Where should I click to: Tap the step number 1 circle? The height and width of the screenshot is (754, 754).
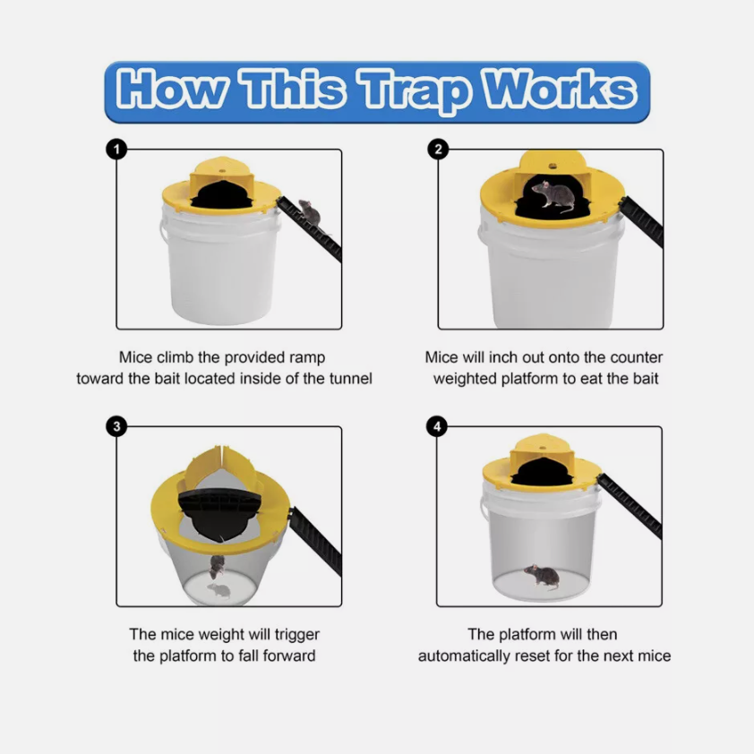coord(116,150)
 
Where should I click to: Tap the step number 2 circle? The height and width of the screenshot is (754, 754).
coord(438,150)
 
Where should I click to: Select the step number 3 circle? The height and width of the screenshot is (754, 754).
coord(116,426)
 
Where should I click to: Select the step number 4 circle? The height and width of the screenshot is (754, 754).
coord(438,426)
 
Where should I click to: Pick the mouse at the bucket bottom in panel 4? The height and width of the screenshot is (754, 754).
coord(542,576)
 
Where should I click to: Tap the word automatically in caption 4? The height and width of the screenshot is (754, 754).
coord(466,655)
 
